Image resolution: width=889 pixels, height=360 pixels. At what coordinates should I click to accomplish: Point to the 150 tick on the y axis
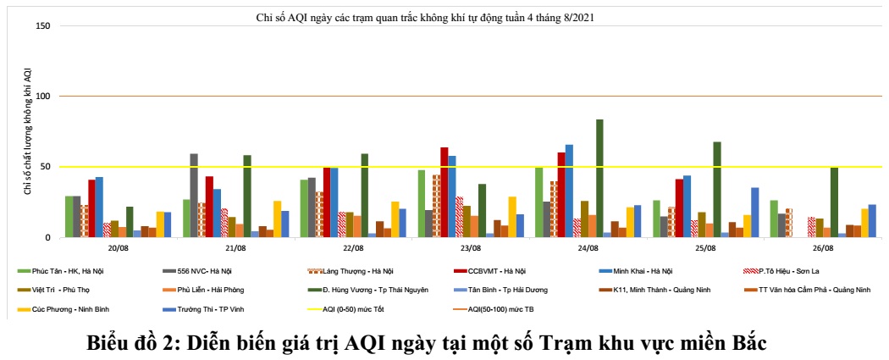(x=44, y=26)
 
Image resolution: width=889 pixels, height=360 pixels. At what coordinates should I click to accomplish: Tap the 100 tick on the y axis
(x=44, y=97)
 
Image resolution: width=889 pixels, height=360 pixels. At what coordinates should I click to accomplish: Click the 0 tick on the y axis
(x=48, y=237)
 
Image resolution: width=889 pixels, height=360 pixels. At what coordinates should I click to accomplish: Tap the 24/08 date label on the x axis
(x=587, y=249)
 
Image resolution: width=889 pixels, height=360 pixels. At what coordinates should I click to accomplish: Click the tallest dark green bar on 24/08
(x=599, y=179)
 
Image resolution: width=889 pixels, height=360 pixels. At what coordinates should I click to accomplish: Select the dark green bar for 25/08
(x=717, y=190)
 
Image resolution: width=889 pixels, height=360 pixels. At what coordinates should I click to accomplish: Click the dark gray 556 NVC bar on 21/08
(x=194, y=196)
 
